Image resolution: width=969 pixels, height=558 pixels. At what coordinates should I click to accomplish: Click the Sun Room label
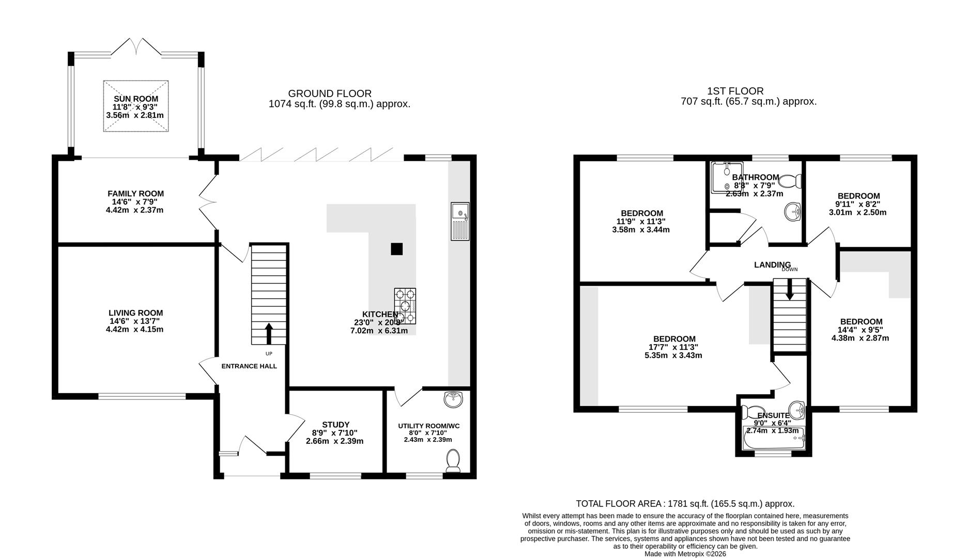click(x=136, y=99)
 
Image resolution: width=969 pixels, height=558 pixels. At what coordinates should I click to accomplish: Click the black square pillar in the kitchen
click(x=396, y=249)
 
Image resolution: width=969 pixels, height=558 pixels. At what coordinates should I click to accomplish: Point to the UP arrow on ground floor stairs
click(x=269, y=334)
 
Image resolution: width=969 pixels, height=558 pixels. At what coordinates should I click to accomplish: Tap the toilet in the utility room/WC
click(x=453, y=460)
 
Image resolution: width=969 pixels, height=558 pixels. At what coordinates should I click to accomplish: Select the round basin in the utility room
click(x=454, y=398)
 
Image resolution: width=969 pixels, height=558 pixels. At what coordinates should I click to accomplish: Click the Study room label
click(x=335, y=425)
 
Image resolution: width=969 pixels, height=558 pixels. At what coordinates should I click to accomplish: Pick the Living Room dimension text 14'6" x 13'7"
click(x=136, y=321)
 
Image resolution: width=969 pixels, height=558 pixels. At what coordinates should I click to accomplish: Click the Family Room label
click(x=136, y=194)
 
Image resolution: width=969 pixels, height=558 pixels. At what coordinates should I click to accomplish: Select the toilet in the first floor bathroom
click(x=790, y=181)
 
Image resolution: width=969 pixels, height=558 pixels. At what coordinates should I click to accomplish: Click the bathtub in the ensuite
click(x=773, y=441)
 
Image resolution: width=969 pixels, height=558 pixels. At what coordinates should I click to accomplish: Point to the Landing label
click(x=772, y=265)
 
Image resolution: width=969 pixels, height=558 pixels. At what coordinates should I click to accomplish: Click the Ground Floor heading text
click(x=330, y=94)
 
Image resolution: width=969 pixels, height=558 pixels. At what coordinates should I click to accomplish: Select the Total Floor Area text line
click(x=685, y=503)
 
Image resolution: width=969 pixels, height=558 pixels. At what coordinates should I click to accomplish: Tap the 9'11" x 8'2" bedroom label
click(x=858, y=196)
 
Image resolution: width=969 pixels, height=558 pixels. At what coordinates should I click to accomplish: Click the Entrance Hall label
click(x=249, y=366)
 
